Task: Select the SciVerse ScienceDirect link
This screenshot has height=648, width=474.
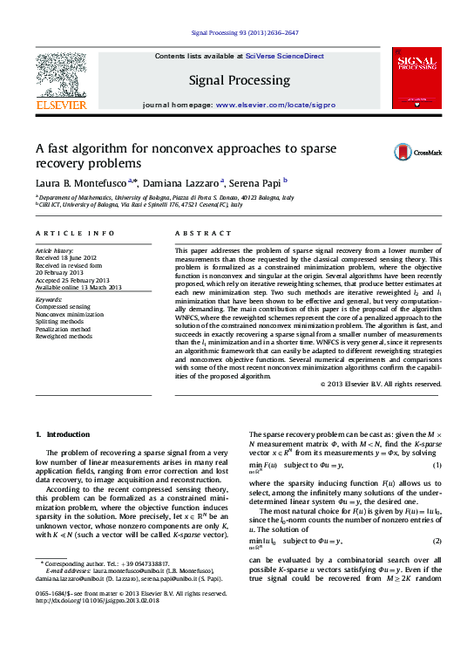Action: pyautogui.click(x=284, y=56)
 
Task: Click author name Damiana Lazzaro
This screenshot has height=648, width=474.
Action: pyautogui.click(x=180, y=183)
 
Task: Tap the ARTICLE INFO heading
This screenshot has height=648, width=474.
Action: pyautogui.click(x=75, y=234)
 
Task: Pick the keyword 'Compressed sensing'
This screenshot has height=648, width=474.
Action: pyautogui.click(x=62, y=306)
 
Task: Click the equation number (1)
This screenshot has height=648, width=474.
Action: pyautogui.click(x=437, y=465)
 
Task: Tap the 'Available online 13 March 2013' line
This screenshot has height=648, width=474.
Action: pyautogui.click(x=78, y=287)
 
